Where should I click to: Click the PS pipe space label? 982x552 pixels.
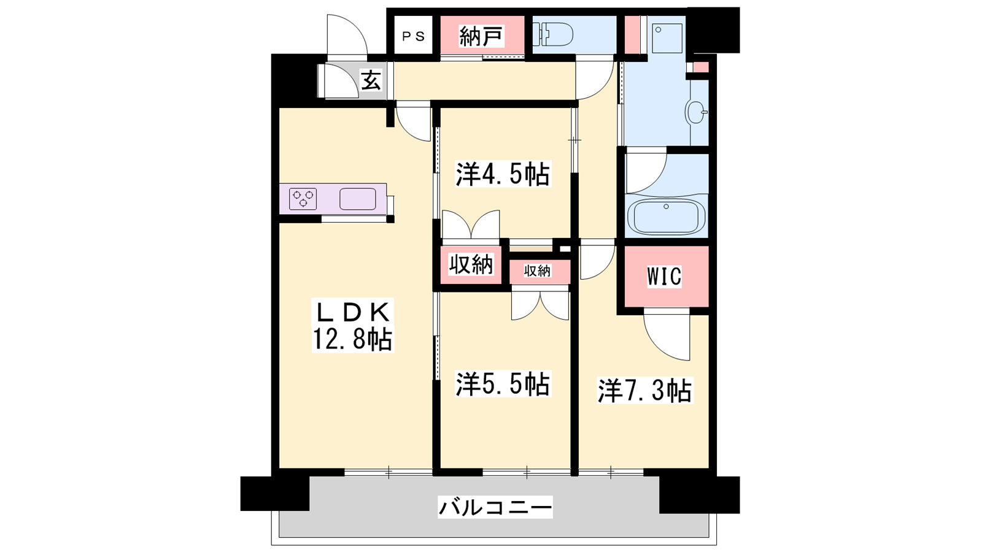point(414,36)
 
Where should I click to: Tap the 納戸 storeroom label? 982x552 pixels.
point(481,36)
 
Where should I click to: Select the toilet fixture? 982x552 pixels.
point(553,34)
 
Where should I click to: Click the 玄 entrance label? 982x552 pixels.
point(371,80)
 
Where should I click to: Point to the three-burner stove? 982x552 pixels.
point(303,199)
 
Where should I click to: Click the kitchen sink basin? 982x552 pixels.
point(358,199)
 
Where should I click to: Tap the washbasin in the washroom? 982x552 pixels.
point(697,112)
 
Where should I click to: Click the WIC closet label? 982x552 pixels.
point(664,277)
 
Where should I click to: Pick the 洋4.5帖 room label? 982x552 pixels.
point(503,174)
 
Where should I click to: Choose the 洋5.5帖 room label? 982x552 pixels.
point(503,384)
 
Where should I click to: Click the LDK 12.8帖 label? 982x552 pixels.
point(353,325)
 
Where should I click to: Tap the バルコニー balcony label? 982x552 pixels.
point(495,507)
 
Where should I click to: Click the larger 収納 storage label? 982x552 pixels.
point(471,264)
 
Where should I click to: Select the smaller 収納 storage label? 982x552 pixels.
point(537,271)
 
